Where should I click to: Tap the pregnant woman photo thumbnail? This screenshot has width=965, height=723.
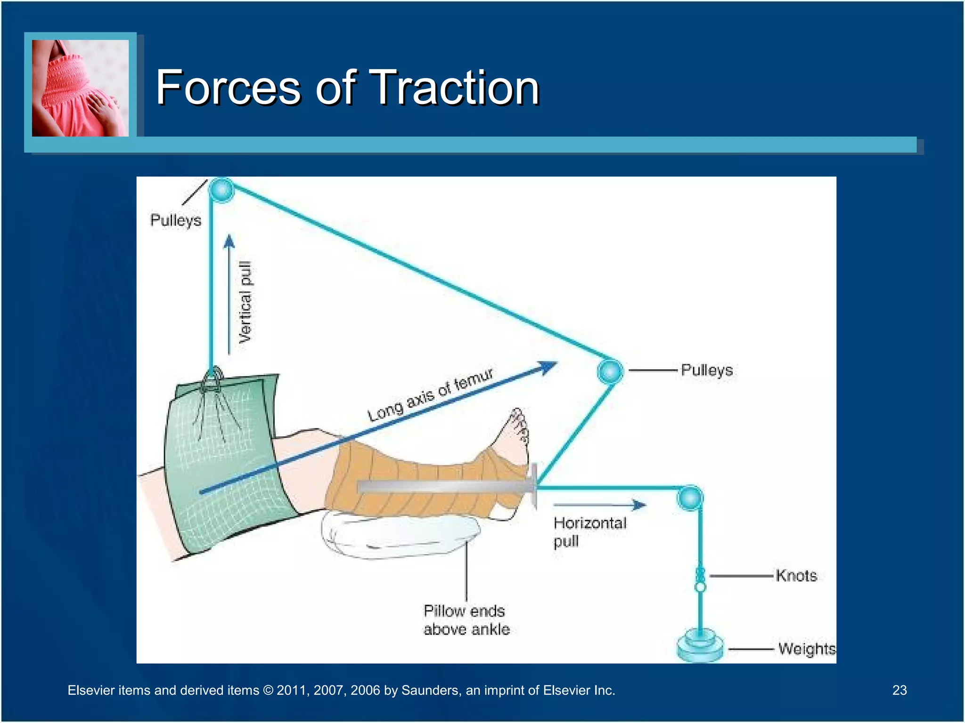80,88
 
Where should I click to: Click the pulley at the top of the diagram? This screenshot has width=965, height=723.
221,190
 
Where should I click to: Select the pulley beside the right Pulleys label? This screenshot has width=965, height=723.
610,371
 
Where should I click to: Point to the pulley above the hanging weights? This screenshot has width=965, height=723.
690,498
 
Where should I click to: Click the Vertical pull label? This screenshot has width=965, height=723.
245,302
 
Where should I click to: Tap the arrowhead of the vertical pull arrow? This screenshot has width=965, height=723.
229,241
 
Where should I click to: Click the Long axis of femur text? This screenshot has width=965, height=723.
430,394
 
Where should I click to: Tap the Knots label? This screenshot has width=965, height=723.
796,576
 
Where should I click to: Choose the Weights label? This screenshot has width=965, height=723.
806,649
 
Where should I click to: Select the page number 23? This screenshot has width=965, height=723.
899,690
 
